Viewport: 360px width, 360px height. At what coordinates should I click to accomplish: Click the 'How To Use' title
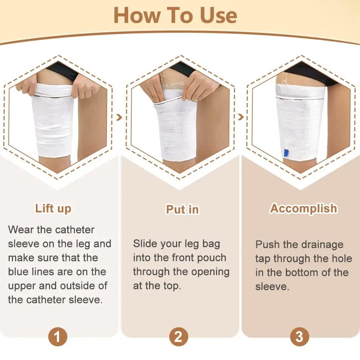[175, 15]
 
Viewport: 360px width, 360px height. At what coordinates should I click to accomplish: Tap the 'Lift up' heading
[53, 208]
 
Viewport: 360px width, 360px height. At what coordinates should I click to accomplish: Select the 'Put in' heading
[182, 209]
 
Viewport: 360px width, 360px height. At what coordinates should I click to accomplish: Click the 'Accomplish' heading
[304, 208]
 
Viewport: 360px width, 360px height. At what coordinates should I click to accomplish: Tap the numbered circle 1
[58, 337]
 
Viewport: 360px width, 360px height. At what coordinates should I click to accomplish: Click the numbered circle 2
[178, 337]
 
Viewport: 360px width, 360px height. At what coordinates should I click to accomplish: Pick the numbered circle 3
[299, 337]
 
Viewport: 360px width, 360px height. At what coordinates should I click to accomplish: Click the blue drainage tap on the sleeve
[286, 153]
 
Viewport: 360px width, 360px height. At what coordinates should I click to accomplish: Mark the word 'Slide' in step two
[146, 244]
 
